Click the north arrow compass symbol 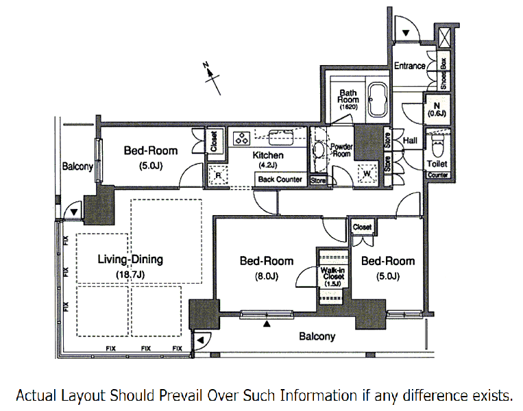pyautogui.click(x=212, y=78)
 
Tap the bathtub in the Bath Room pyautogui.click(x=378, y=99)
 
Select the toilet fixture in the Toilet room pyautogui.click(x=437, y=146)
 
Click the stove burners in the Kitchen pyautogui.click(x=242, y=138)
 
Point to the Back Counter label pyautogui.click(x=280, y=179)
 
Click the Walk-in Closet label pyautogui.click(x=332, y=276)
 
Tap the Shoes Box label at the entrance pyautogui.click(x=443, y=74)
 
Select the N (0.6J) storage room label pyautogui.click(x=437, y=110)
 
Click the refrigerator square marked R pyautogui.click(x=218, y=175)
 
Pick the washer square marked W pyautogui.click(x=367, y=173)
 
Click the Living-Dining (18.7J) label pyautogui.click(x=130, y=266)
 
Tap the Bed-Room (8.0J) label pyautogui.click(x=267, y=268)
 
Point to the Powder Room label pyautogui.click(x=341, y=150)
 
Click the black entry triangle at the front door pyautogui.click(x=406, y=33)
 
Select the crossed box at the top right pyautogui.click(x=445, y=38)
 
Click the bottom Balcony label pyautogui.click(x=317, y=336)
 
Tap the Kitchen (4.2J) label pyautogui.click(x=268, y=160)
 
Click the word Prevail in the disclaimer pyautogui.click(x=180, y=396)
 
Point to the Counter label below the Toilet pyautogui.click(x=437, y=175)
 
